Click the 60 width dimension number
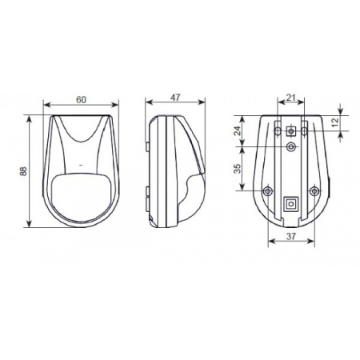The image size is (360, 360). point(81,100)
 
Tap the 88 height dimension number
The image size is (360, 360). point(23,171)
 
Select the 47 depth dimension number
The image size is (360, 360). point(175,98)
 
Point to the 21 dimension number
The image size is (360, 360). point(291,98)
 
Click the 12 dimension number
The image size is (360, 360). point(335,122)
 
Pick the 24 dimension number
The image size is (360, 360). point(238,130)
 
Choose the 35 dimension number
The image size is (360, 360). point(238,169)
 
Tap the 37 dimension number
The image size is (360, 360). point(291,236)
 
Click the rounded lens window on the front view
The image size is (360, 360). point(81,198)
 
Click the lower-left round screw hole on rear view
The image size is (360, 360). point(267,191)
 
